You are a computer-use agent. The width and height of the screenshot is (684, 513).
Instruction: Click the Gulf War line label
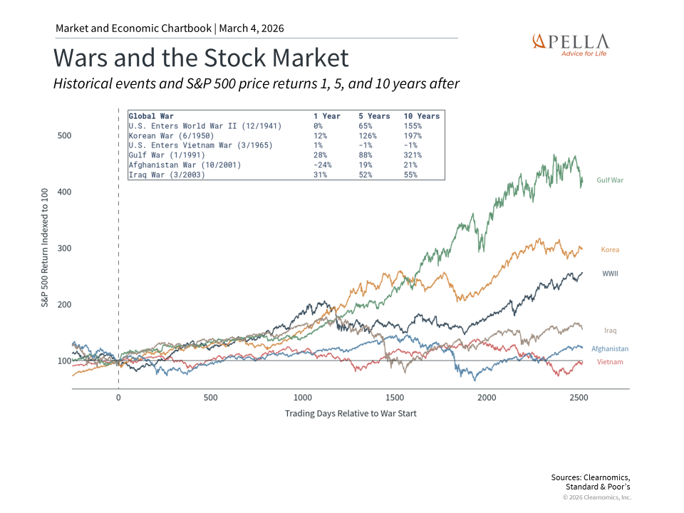click(610, 180)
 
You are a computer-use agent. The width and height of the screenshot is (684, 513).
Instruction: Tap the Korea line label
click(610, 250)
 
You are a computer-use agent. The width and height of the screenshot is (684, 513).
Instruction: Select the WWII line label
click(610, 274)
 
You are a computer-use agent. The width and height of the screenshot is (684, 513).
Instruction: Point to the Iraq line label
click(610, 331)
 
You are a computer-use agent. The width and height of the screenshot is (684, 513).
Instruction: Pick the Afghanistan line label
click(610, 349)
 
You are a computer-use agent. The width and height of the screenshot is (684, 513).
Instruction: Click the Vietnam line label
click(610, 362)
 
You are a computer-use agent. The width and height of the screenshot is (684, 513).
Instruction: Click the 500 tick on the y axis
click(64, 135)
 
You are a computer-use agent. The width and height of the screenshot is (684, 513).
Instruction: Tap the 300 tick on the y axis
click(64, 248)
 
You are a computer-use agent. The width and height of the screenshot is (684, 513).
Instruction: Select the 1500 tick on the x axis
click(394, 398)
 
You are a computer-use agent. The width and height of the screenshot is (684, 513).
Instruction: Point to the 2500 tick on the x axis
click(579, 398)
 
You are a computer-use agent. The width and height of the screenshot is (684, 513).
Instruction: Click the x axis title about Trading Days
click(351, 413)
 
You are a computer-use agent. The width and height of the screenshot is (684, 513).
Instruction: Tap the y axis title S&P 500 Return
click(43, 248)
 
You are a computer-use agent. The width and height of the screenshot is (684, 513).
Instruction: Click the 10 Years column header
click(422, 116)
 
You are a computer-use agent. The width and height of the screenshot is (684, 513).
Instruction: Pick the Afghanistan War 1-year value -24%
click(323, 165)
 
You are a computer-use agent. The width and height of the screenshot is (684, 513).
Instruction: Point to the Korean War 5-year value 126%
click(368, 135)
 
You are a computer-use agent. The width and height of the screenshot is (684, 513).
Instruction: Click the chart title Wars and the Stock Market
click(201, 58)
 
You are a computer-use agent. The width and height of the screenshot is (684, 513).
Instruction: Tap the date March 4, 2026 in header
click(252, 28)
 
